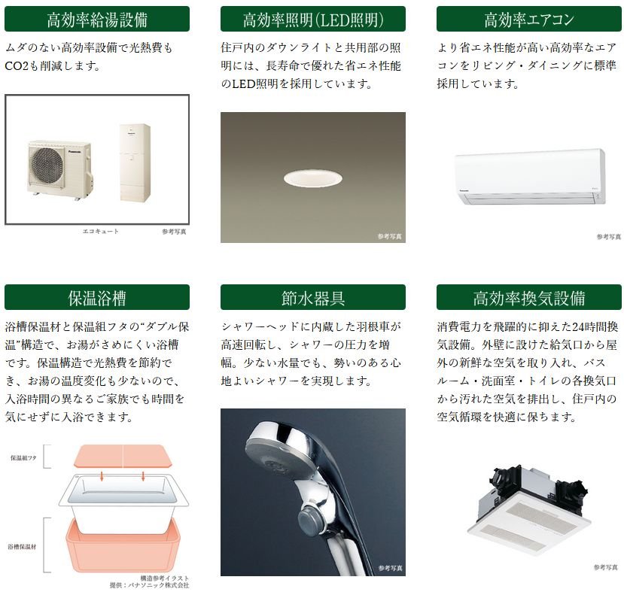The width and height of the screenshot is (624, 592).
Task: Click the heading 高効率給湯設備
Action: [x=96, y=19]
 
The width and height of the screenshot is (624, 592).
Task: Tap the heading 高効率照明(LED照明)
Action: [x=313, y=19]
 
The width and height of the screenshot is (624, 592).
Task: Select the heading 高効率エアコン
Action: [x=529, y=19]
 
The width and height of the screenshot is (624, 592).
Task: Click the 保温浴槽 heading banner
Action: [x=96, y=297]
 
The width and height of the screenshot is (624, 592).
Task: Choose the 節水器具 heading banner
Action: [x=313, y=297]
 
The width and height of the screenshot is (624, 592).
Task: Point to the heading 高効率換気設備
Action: [x=529, y=297]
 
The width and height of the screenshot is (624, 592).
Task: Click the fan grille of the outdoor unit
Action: [x=47, y=166]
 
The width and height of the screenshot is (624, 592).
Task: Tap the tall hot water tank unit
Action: [x=135, y=162]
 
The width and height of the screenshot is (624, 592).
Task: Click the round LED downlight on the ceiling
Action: [x=313, y=178]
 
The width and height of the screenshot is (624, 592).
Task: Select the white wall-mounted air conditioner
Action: [x=530, y=177]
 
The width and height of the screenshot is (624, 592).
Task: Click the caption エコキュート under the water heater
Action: [x=100, y=232]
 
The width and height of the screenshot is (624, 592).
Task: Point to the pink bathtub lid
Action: [x=123, y=457]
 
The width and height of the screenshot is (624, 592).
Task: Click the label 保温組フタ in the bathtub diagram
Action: [x=23, y=457]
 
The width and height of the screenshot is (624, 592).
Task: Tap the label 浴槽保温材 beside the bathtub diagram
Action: [x=22, y=547]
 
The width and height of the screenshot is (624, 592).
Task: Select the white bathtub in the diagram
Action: [x=123, y=502]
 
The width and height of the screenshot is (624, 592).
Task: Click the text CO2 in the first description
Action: [x=17, y=66]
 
